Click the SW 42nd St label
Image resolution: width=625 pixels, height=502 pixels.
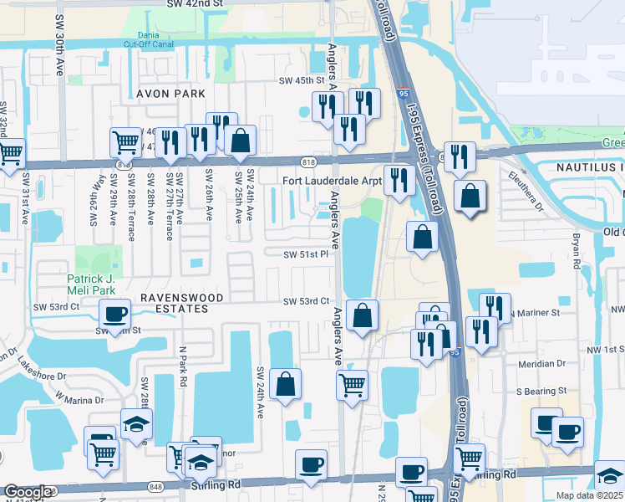pos(195,4)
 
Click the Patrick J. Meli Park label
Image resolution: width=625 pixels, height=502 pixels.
pos(97,284)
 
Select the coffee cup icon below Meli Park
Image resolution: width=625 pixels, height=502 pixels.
pos(114,315)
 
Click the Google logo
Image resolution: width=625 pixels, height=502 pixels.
pos(28,492)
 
